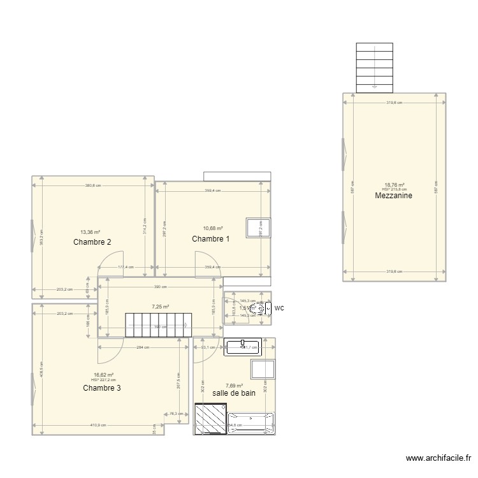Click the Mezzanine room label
point(394,196)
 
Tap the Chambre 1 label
point(211,239)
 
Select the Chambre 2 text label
point(92,242)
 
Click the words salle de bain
point(234,393)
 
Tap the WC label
point(279,308)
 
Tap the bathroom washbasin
point(243,346)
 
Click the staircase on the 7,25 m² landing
point(157,324)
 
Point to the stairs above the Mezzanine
point(373,67)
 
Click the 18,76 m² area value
point(394,185)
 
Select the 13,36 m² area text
point(89,232)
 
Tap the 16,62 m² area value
point(103,375)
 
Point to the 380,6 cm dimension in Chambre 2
point(93,185)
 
